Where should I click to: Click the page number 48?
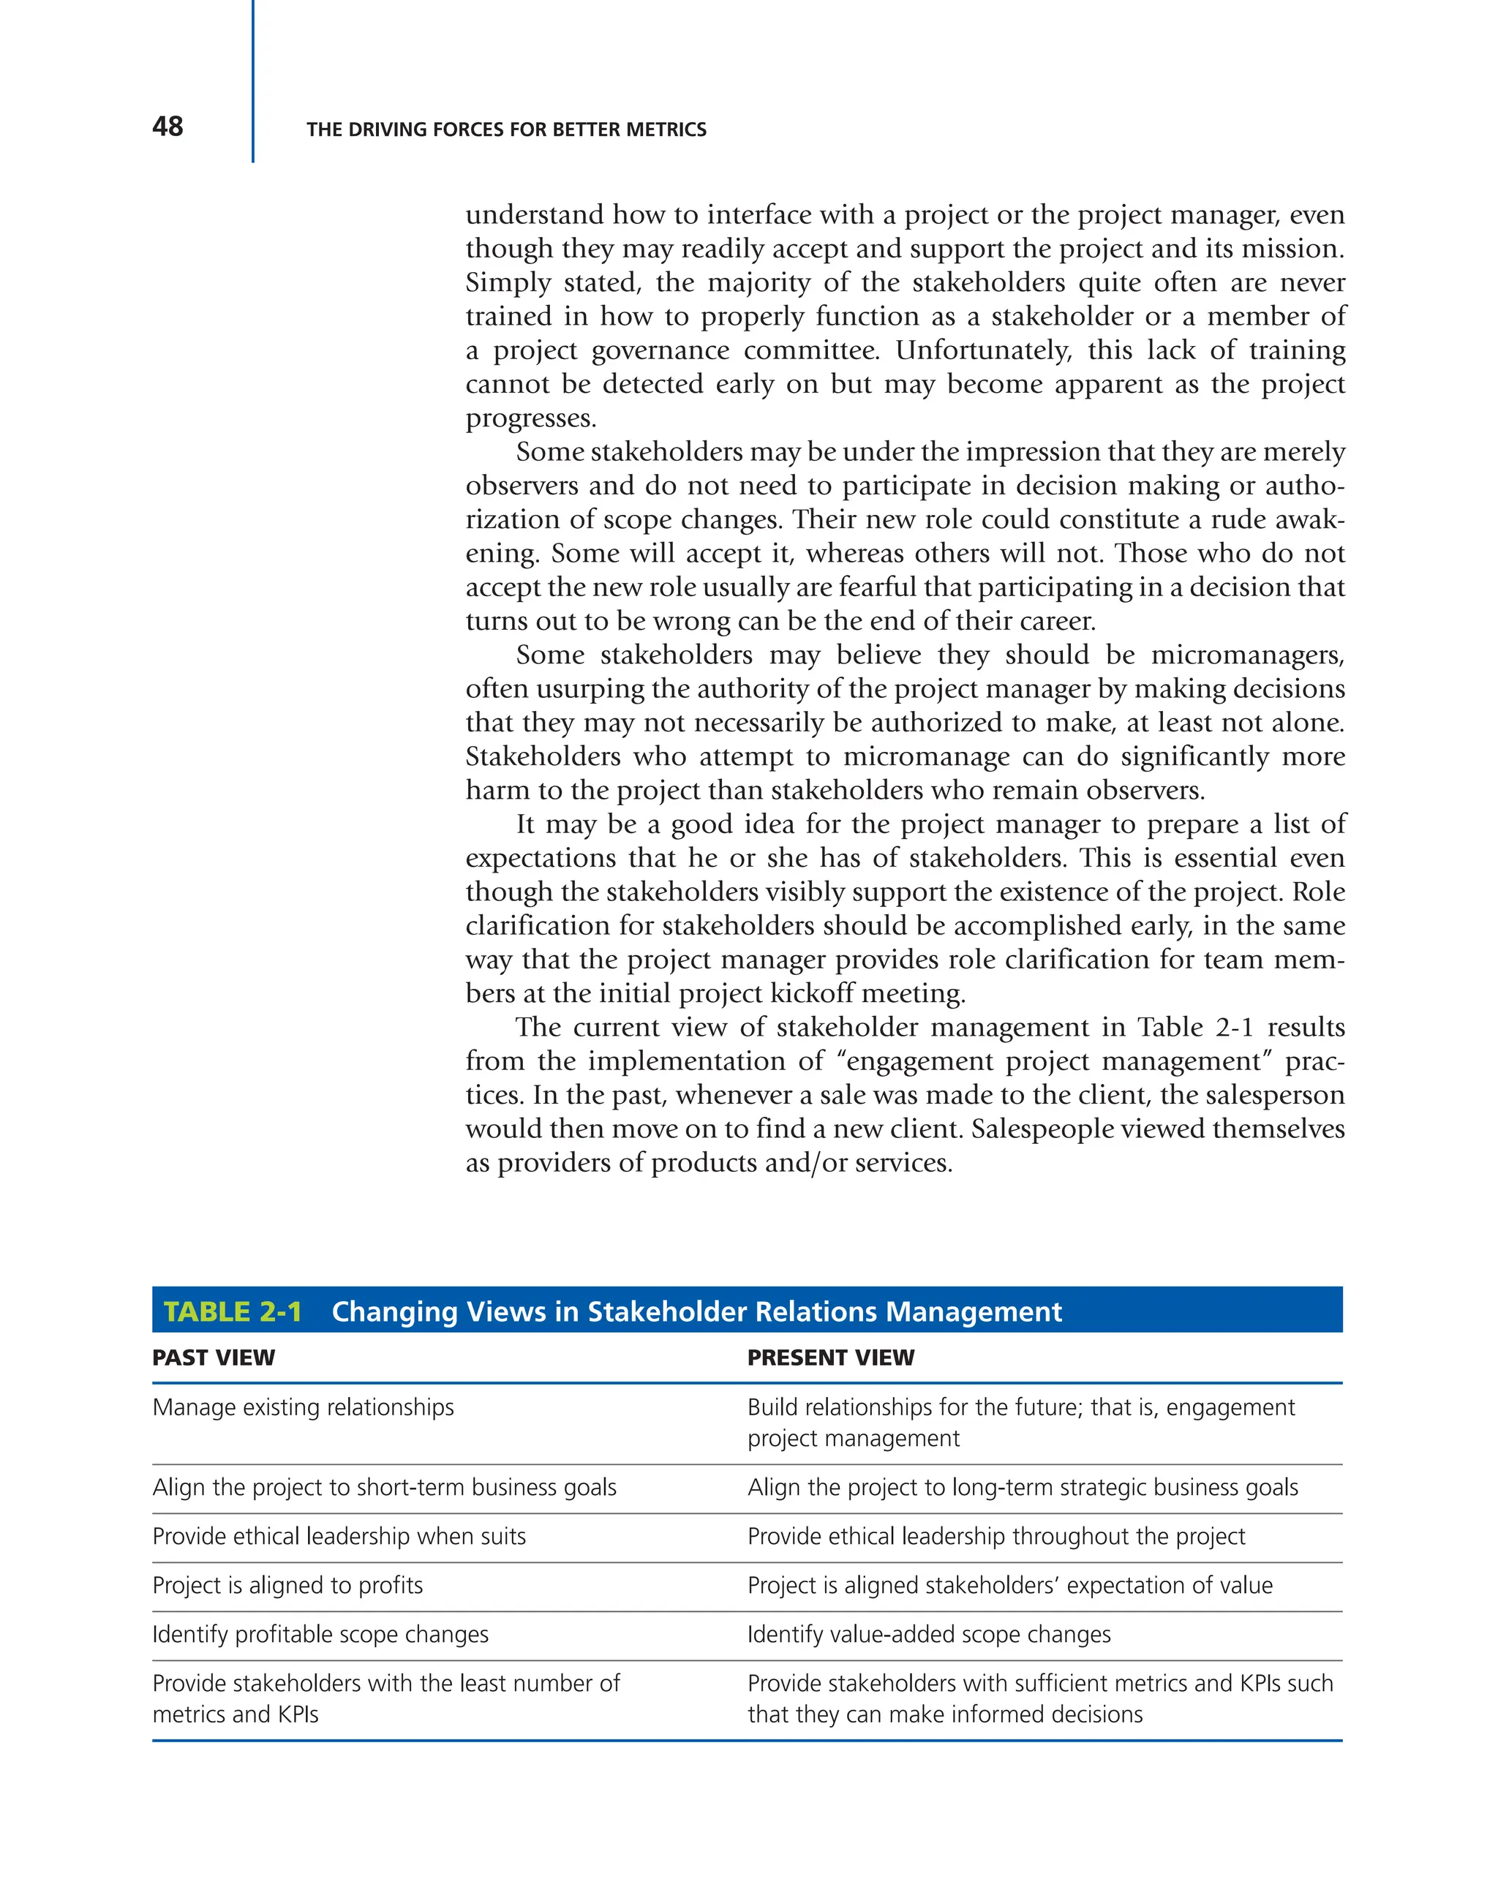click(168, 127)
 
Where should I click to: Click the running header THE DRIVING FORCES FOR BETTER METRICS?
click(505, 130)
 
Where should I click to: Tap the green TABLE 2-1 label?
click(233, 1311)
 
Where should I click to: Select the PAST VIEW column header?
click(214, 1358)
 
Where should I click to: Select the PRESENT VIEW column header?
click(830, 1358)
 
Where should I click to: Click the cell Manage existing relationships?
click(302, 1407)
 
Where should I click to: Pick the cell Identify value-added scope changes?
click(928, 1634)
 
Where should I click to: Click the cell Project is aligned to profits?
click(287, 1585)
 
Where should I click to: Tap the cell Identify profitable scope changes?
click(320, 1634)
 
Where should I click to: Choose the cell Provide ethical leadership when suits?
click(338, 1537)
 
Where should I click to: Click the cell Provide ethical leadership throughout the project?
click(995, 1537)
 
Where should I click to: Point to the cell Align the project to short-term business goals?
click(383, 1488)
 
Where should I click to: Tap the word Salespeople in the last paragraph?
click(1041, 1129)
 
